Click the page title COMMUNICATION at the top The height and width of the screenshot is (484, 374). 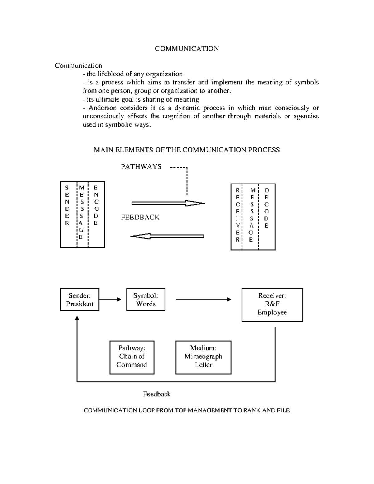point(187,49)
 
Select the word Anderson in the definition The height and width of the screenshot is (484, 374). point(103,108)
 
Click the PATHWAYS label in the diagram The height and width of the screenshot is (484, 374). point(141,167)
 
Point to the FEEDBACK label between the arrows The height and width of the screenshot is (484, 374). point(140,217)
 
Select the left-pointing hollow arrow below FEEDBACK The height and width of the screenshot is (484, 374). point(167,236)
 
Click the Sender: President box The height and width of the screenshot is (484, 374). point(80,300)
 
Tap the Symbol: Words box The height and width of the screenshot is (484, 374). point(146,300)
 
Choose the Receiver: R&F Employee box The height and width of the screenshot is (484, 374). point(272,305)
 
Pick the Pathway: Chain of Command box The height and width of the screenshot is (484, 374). point(132,357)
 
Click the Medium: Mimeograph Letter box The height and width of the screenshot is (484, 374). point(203,357)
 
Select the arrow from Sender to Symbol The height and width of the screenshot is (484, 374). point(110,300)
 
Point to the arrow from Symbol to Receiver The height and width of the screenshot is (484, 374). point(204,300)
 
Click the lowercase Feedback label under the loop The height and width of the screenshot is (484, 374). point(156,394)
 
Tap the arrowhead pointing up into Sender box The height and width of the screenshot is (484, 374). point(77,318)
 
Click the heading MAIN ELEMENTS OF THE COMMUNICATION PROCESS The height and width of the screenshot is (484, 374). point(187,150)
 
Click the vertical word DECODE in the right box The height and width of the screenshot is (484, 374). point(266,208)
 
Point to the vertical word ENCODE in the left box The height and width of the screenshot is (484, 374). point(96,205)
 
